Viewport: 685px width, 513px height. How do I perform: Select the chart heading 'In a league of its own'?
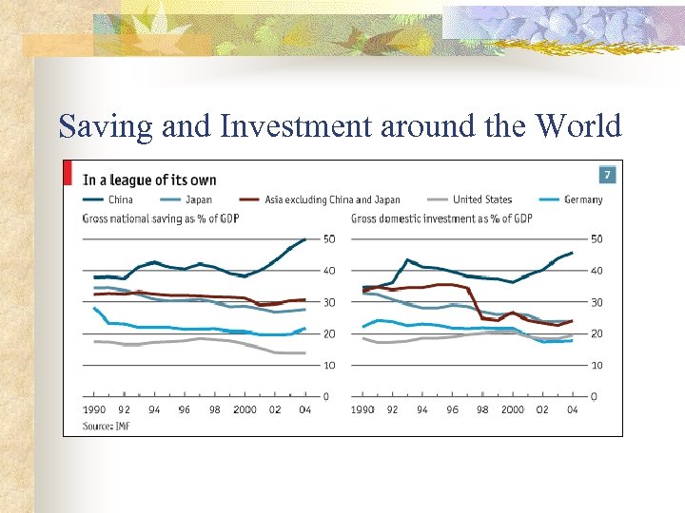point(149,180)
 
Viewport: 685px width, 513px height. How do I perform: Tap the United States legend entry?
point(481,199)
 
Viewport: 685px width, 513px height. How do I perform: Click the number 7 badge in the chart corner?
point(606,176)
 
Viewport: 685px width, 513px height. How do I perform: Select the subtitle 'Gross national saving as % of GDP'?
point(159,218)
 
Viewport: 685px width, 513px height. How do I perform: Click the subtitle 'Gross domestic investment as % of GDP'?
point(440,218)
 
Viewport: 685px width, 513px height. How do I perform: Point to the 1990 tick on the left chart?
point(94,409)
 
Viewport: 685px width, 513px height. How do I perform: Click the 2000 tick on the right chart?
point(513,409)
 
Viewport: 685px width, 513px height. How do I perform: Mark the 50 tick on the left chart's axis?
point(328,238)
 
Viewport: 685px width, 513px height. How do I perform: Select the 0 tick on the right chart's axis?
point(594,395)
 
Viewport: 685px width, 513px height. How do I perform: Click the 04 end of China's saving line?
point(304,239)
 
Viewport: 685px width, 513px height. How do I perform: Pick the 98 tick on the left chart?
point(215,409)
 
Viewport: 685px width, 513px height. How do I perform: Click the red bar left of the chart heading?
point(68,173)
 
